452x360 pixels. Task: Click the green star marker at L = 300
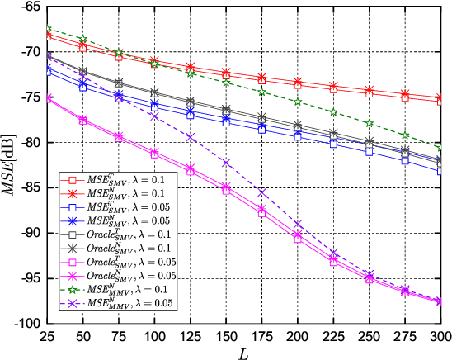click(440, 146)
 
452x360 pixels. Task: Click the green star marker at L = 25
click(48, 30)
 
